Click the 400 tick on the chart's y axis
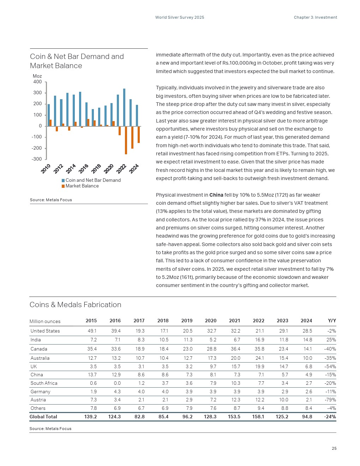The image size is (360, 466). coord(37,82)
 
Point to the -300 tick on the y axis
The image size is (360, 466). coord(37,159)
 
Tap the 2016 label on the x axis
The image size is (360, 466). coord(83,168)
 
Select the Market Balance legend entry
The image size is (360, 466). coord(82,186)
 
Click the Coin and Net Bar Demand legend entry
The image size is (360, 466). coord(93,180)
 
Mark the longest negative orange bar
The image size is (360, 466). coord(126,140)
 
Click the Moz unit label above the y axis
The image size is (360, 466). coord(37,76)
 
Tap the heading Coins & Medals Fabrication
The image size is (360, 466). coord(75,305)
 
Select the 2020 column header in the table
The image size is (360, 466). coord(210,321)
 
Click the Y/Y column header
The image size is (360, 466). coord(332,321)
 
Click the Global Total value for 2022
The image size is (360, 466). coord(258,417)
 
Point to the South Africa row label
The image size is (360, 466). coord(44,383)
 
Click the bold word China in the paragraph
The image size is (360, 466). coord(216,195)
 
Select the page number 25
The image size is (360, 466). coord(334,449)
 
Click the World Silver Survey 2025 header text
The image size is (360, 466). coord(180,17)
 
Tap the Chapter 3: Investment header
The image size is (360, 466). coord(315,17)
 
